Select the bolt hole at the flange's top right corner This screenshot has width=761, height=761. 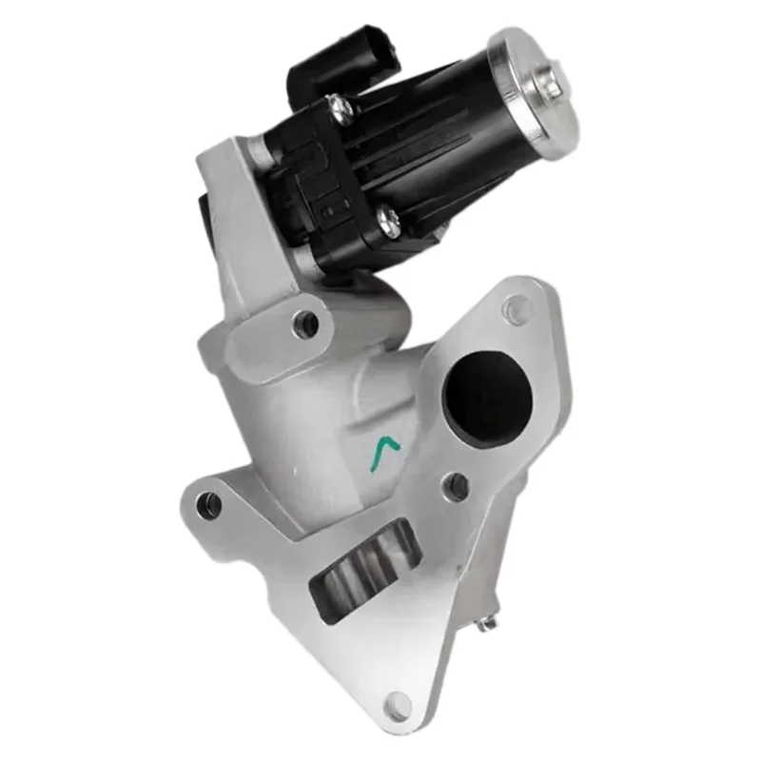(x=517, y=307)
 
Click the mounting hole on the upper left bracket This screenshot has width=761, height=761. (x=306, y=323)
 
